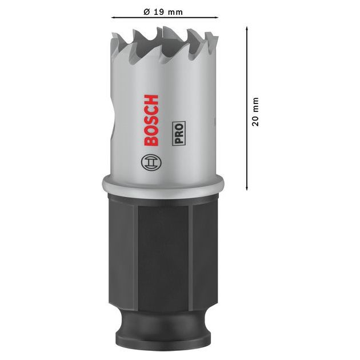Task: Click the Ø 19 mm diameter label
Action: coord(164,11)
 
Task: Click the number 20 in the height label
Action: coord(255,121)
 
